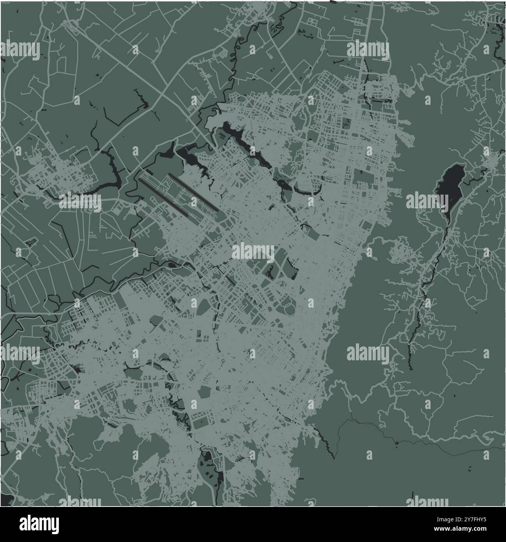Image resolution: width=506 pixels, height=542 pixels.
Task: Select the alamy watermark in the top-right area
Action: (x=368, y=50)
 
